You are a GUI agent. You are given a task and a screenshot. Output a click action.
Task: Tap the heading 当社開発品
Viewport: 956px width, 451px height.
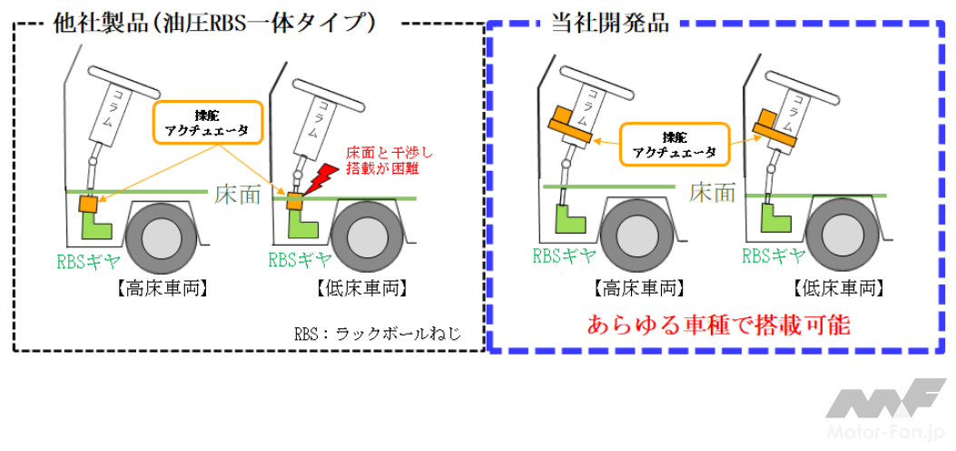tap(610, 23)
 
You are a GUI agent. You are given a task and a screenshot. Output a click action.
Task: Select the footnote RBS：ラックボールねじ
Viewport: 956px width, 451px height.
tap(378, 334)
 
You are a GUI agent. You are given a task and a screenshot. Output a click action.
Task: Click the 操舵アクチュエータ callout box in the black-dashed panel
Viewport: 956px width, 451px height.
tap(208, 122)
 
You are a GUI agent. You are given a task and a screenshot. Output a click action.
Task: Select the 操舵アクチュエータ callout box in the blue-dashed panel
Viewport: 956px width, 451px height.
tap(674, 145)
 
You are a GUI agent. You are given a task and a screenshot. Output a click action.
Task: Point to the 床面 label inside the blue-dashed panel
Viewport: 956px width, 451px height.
tap(712, 192)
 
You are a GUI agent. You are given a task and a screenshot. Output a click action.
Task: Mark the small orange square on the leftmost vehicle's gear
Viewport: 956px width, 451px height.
tap(89, 204)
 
